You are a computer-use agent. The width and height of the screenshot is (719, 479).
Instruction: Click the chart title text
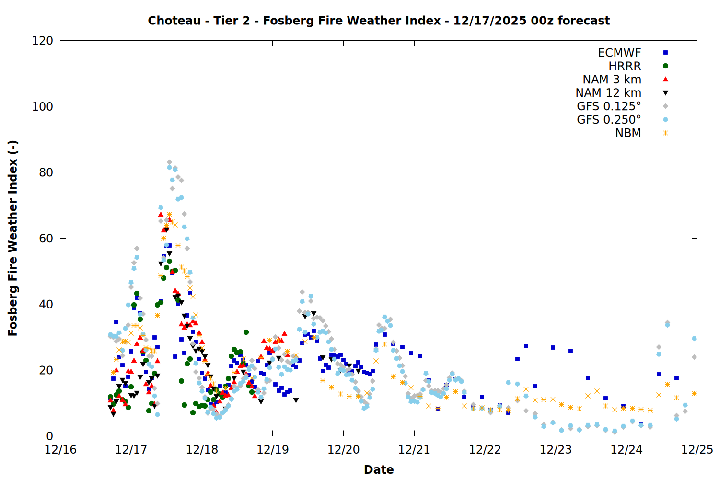pos(379,21)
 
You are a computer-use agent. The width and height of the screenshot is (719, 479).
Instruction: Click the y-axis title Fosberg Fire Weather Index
pos(12,238)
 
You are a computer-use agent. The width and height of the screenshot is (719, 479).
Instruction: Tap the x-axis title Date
pos(379,469)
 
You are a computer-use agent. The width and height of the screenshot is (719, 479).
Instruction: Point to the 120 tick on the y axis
pos(43,41)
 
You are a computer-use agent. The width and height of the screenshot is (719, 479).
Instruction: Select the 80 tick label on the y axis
pos(46,172)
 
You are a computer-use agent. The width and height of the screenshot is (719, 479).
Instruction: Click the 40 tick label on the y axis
pos(46,304)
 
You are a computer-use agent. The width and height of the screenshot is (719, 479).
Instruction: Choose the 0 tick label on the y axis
pos(49,436)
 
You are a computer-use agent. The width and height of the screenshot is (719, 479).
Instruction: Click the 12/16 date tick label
pos(60,450)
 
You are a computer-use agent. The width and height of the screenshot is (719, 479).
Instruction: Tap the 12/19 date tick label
pos(273,450)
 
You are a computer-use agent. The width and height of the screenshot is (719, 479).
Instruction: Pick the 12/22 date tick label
pos(485,450)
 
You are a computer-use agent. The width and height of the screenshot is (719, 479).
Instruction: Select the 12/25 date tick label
pos(697,450)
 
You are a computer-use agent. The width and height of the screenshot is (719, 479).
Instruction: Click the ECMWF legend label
pos(619,53)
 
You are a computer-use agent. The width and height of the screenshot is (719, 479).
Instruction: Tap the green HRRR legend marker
pos(665,66)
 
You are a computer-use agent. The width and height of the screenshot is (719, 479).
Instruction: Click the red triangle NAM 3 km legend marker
pos(665,79)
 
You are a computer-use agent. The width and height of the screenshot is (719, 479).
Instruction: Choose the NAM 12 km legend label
pos(608,93)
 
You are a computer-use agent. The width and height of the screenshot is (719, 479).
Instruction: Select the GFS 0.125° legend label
pos(609,106)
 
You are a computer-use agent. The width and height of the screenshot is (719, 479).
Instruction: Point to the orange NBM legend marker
pos(665,133)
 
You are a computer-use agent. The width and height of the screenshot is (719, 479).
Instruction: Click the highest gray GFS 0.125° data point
pos(169,162)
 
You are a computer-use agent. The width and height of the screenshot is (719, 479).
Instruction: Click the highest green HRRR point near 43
pos(137,293)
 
